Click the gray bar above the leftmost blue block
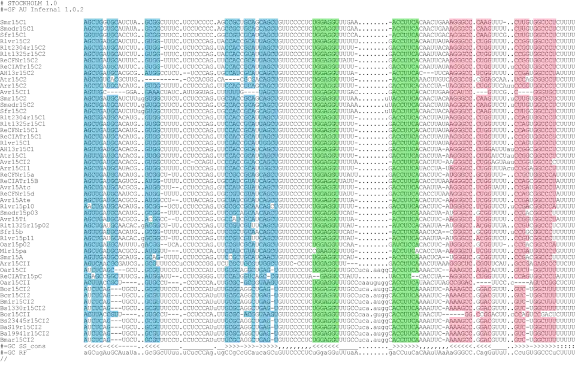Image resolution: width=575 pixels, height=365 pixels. pyautogui.click(x=100, y=16)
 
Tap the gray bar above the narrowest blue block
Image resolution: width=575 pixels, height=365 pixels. pyautogui.click(x=153, y=16)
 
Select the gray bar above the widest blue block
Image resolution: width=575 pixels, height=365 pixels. pyautogui.click(x=251, y=16)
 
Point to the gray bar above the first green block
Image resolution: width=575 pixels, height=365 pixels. pyautogui.click(x=325, y=16)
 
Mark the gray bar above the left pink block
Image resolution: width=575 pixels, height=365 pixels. pyautogui.click(x=469, y=16)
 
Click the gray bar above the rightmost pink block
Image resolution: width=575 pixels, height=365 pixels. pyautogui.click(x=536, y=16)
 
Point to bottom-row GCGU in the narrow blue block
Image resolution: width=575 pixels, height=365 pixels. pyautogui.click(x=153, y=340)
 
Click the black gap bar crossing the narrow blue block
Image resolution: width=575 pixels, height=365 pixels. pyautogui.click(x=153, y=79)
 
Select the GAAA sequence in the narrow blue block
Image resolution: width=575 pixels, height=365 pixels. pyautogui.click(x=153, y=92)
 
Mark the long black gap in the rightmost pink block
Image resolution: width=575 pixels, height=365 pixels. pyautogui.click(x=549, y=314)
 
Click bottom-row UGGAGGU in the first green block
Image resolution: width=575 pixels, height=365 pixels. pyautogui.click(x=325, y=340)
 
